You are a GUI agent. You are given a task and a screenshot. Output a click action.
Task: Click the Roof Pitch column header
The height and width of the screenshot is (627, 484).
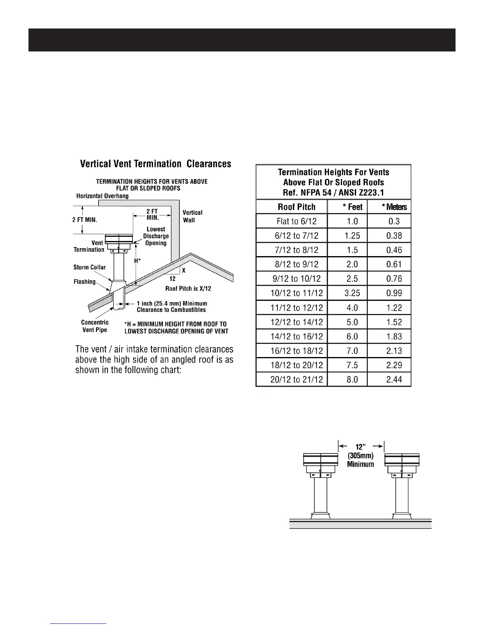[x=297, y=207]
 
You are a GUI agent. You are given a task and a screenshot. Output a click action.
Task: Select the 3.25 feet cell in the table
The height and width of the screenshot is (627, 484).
[x=352, y=293]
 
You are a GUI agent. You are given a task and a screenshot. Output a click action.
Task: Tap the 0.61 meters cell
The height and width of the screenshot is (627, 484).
[x=394, y=264]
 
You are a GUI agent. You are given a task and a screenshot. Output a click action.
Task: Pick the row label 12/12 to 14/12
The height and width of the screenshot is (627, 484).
[x=297, y=322]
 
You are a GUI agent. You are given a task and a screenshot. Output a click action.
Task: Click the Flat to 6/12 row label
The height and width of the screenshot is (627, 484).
[x=297, y=221]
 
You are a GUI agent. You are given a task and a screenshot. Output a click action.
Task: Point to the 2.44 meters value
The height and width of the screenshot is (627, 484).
[x=394, y=380]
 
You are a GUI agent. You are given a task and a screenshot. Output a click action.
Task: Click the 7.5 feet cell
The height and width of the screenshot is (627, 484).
[x=352, y=365]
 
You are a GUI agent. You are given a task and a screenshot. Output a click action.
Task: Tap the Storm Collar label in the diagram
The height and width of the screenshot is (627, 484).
[x=90, y=267]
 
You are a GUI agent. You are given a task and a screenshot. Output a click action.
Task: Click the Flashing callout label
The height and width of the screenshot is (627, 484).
[x=85, y=281]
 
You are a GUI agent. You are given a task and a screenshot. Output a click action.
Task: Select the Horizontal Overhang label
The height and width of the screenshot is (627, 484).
[x=102, y=196]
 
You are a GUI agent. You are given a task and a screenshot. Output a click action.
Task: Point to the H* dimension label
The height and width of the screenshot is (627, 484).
[x=137, y=261]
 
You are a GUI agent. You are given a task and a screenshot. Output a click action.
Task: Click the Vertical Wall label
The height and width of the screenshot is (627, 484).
[x=192, y=216]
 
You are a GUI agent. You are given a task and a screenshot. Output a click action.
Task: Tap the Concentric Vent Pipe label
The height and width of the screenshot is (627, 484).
[x=95, y=326]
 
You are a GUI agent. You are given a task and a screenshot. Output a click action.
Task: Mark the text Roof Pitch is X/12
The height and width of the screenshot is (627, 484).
[x=188, y=289]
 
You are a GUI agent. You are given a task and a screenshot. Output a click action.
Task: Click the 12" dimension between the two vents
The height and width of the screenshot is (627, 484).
[x=360, y=446]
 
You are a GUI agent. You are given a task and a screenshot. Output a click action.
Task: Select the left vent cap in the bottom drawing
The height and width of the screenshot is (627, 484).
[x=320, y=460]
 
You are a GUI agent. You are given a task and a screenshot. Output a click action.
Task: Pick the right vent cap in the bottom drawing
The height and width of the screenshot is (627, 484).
[x=402, y=460]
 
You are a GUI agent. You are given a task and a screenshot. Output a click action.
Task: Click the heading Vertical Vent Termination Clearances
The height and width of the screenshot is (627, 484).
[x=156, y=164]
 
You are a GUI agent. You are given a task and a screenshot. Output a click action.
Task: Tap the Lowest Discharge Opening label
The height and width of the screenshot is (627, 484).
[x=156, y=236]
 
